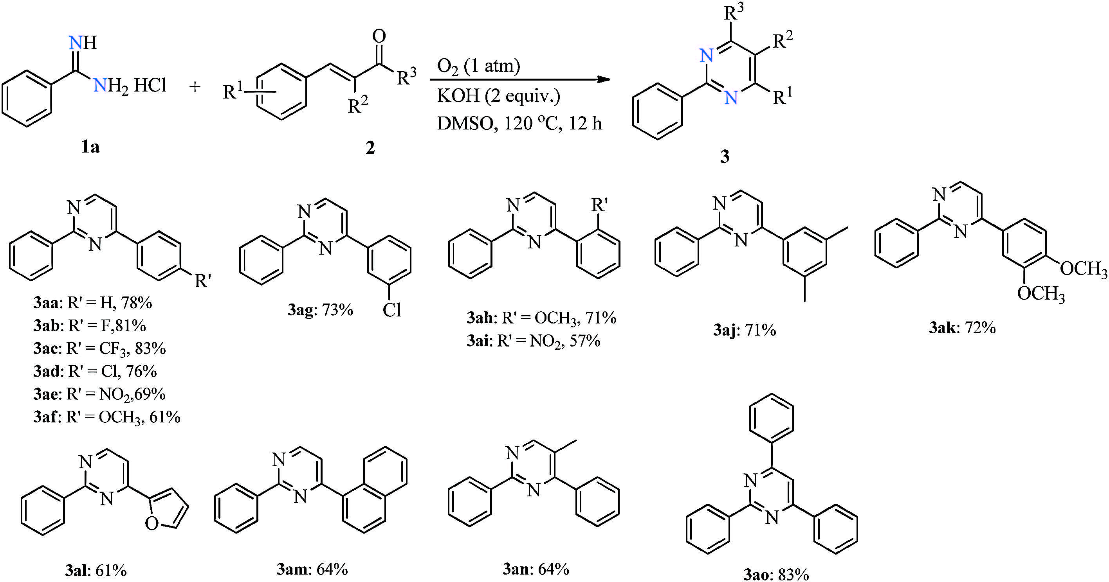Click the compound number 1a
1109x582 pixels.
coord(90,147)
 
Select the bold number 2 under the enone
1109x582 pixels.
coord(370,147)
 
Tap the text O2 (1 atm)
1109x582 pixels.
coord(478,66)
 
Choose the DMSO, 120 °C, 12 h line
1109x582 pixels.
coord(519,124)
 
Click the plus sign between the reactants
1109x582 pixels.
coord(195,87)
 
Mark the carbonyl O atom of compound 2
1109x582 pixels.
coord(379,36)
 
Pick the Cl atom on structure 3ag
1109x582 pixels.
coord(391,310)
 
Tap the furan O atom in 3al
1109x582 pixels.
coord(151,523)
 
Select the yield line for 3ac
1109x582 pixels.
coord(99,348)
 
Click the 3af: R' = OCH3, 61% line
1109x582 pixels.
coord(107,417)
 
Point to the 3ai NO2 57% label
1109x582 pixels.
coord(534,341)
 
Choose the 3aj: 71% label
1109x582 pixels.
coord(744,330)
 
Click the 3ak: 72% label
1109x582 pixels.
coord(962,328)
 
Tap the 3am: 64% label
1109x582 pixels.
coord(312,569)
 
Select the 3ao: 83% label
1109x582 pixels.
coord(776,574)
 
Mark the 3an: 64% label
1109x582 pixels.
coord(536,569)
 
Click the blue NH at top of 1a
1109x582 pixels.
coord(83,42)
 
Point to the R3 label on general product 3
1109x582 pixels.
coord(734,12)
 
